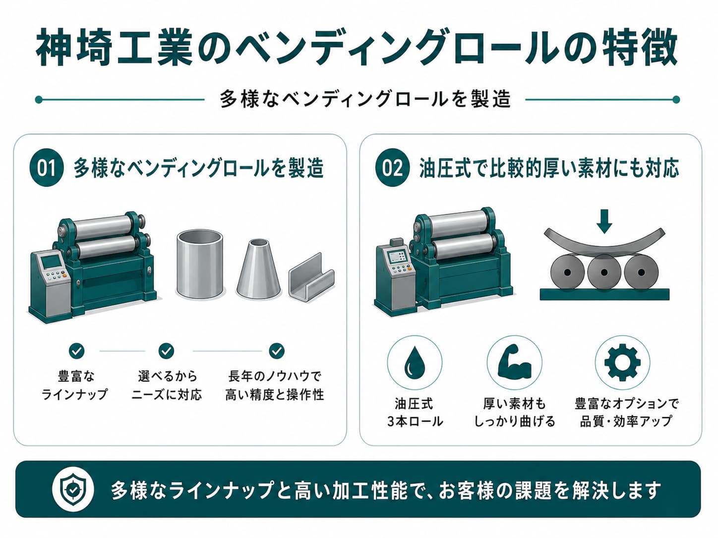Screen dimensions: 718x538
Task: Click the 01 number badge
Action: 46,167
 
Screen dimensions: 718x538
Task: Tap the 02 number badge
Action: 392,167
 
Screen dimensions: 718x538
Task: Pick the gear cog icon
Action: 622,362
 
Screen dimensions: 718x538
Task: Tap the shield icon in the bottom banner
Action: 72,489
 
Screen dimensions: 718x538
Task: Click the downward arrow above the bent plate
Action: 604,221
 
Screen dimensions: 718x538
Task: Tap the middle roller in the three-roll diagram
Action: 604,272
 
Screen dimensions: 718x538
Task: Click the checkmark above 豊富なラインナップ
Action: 76,351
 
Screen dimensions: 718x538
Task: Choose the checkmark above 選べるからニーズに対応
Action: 166,351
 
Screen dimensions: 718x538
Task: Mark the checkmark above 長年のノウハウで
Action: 277,351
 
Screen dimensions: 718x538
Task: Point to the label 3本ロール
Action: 415,422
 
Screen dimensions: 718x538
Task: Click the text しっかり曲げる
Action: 515,422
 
